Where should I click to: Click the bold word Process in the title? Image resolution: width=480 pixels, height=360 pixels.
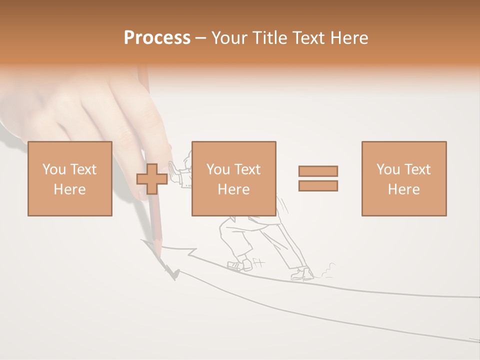157,38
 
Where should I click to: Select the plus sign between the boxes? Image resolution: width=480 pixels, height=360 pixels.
152,178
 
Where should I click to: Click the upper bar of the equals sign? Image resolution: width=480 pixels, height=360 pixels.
318,171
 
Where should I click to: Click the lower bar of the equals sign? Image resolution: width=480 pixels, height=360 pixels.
318,185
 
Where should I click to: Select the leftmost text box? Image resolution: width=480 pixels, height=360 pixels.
70,178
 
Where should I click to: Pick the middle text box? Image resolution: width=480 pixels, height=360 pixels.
233,178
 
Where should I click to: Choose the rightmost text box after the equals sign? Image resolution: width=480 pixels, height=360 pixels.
403,178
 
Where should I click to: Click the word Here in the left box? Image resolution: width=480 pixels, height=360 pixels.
70,189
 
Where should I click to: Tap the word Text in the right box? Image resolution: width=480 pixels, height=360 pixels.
417,169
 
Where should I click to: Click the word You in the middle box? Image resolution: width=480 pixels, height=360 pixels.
218,169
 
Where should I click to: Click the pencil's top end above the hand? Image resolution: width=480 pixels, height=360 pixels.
142,70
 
